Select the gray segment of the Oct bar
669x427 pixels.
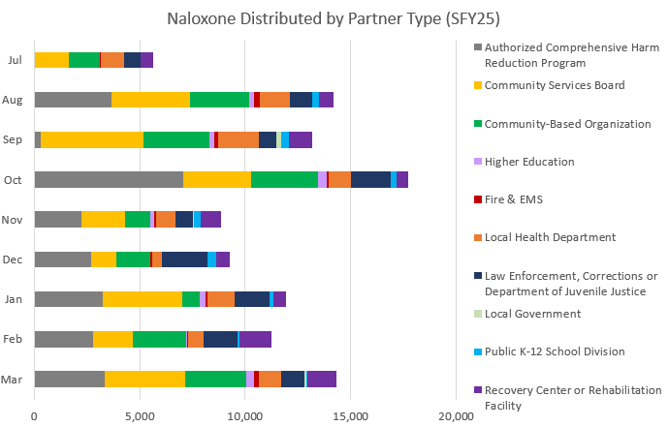click(x=109, y=179)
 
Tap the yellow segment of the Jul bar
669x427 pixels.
click(x=51, y=60)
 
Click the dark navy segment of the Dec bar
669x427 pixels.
click(x=184, y=259)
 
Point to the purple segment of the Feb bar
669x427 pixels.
click(x=255, y=338)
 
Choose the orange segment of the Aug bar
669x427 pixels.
click(x=275, y=100)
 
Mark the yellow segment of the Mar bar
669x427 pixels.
click(x=144, y=379)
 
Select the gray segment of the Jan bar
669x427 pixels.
click(x=68, y=298)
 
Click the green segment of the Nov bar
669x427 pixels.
click(x=138, y=219)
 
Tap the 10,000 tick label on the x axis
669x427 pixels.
click(x=244, y=415)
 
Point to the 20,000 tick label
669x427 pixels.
click(x=455, y=415)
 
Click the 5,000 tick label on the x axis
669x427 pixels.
click(x=140, y=415)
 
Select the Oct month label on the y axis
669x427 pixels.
click(x=15, y=179)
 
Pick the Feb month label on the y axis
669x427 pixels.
click(x=15, y=338)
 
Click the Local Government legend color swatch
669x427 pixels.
click(x=476, y=314)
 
